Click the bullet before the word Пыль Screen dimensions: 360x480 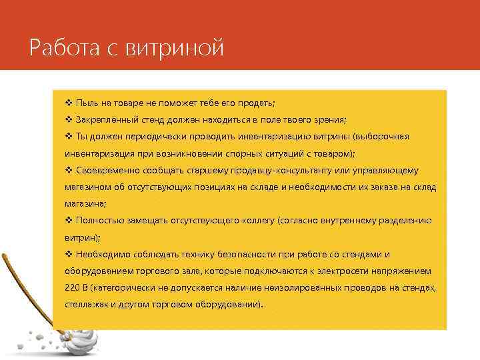69,103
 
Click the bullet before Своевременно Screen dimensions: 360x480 69,170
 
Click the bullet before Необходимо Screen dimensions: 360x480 69,255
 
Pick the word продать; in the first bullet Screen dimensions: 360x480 257,103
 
